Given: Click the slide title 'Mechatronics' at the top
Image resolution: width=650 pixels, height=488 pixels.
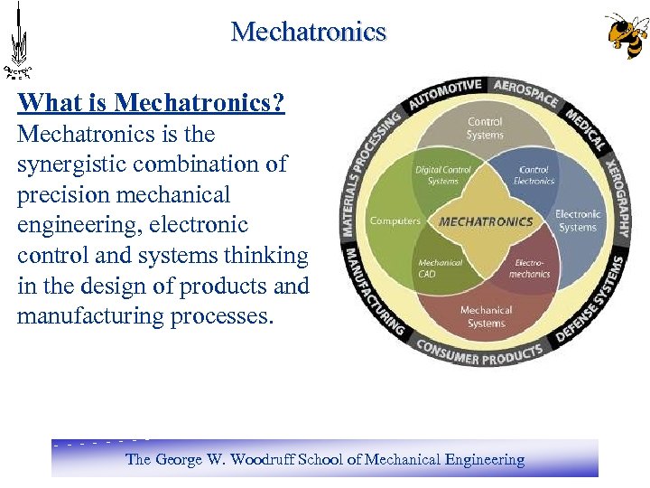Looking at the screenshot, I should pyautogui.click(x=308, y=33).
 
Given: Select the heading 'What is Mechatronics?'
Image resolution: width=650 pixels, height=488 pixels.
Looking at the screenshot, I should pyautogui.click(x=152, y=103).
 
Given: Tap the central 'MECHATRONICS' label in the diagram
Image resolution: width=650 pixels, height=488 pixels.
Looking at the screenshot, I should pyautogui.click(x=486, y=221).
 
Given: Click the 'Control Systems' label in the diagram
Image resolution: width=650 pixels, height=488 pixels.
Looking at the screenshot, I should pyautogui.click(x=486, y=128).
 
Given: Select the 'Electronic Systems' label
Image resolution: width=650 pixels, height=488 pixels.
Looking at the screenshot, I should pyautogui.click(x=578, y=221).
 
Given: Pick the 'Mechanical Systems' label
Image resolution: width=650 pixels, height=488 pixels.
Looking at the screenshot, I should pyautogui.click(x=486, y=317).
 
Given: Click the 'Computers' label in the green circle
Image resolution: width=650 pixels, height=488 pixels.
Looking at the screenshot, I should pyautogui.click(x=395, y=221).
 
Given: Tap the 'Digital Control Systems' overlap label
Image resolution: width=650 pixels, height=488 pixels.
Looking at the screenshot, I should pyautogui.click(x=437, y=175).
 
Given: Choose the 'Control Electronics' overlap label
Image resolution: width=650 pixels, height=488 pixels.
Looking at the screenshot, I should pyautogui.click(x=534, y=175).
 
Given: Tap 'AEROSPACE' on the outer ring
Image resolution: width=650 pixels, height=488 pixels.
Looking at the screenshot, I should pyautogui.click(x=526, y=92).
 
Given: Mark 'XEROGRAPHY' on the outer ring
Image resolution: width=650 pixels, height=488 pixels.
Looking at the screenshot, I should pyautogui.click(x=616, y=193).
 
